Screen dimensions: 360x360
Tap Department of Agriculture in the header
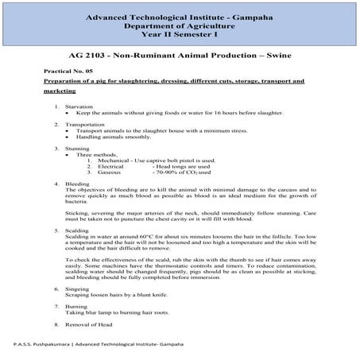click(x=180, y=24)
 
